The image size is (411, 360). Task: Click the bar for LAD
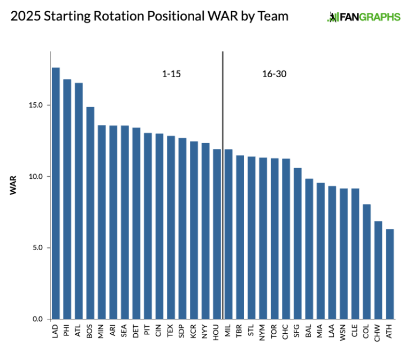click(56, 193)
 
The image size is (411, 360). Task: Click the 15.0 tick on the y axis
click(36, 105)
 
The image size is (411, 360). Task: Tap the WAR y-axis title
click(13, 184)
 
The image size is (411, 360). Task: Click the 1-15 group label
click(171, 74)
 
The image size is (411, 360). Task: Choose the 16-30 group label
click(274, 74)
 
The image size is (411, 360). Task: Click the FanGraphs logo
click(363, 17)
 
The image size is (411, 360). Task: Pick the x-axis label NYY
click(205, 332)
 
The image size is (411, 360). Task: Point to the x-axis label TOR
click(275, 332)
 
